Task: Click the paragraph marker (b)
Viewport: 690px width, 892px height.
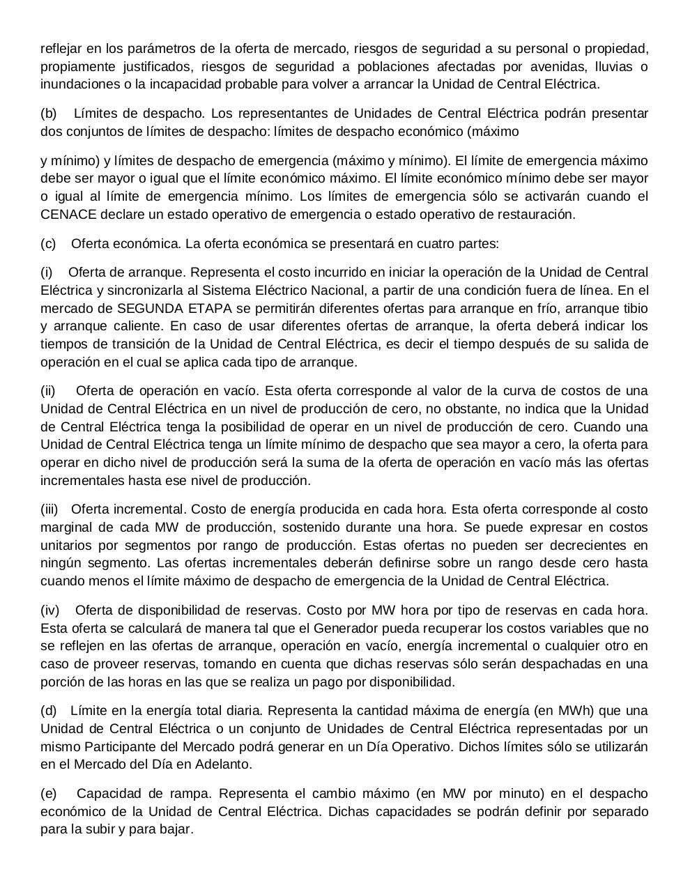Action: click(x=49, y=114)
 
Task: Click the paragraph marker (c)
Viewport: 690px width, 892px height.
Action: click(x=48, y=244)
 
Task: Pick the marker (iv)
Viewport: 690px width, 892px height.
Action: click(x=49, y=610)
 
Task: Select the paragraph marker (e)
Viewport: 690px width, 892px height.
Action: click(x=49, y=794)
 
